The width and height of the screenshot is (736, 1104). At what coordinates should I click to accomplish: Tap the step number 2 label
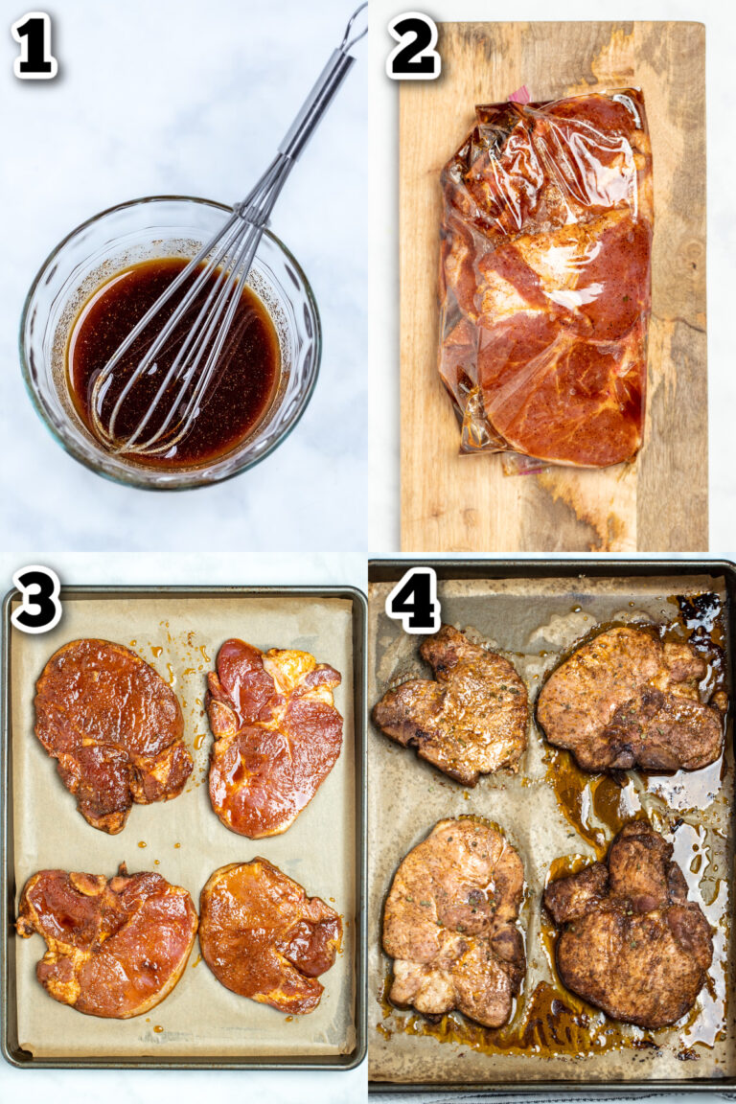(x=413, y=45)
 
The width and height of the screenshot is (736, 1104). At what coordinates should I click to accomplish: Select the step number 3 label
(x=36, y=599)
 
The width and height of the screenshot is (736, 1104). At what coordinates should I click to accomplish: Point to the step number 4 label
(x=413, y=600)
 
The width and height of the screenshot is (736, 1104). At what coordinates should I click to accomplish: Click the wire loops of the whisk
(x=182, y=355)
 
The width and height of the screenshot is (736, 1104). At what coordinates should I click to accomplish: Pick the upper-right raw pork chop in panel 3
(x=275, y=733)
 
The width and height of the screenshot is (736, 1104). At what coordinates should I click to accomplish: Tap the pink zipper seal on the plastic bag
(x=518, y=94)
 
